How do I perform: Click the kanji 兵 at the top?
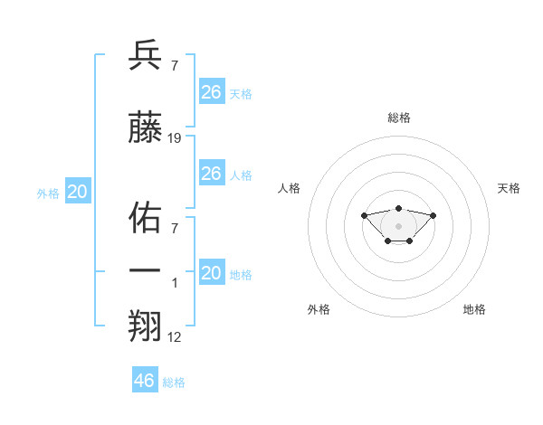[x=145, y=55]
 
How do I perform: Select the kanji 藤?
[x=145, y=128]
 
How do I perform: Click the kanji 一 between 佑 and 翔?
[x=145, y=270]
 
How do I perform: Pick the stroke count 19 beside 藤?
[x=175, y=138]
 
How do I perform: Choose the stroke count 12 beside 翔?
[x=175, y=336]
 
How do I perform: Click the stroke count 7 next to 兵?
[x=174, y=66]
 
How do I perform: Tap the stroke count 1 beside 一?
[x=176, y=282]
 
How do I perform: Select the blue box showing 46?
[x=145, y=381]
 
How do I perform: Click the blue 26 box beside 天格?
[x=211, y=92]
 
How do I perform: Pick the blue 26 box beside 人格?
[x=211, y=174]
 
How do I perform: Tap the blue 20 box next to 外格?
[x=77, y=192]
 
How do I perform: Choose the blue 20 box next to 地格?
[x=211, y=273]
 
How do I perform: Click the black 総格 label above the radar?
[x=399, y=118]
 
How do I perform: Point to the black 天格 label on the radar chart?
[x=509, y=188]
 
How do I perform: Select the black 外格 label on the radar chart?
[x=319, y=309]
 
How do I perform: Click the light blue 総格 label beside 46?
[x=174, y=382]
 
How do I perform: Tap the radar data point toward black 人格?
[x=364, y=215]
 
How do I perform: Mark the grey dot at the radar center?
[x=399, y=226]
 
